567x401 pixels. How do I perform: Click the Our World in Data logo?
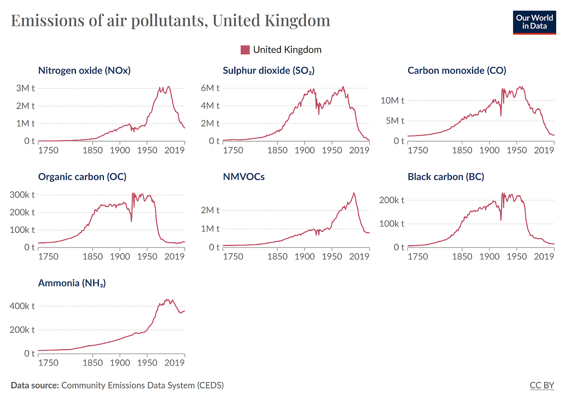(534, 23)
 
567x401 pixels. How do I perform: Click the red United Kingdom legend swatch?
(245, 50)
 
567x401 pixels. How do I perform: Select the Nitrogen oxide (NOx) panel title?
(84, 71)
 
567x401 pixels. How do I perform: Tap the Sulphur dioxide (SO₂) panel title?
(268, 71)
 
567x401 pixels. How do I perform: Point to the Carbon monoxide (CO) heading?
(457, 71)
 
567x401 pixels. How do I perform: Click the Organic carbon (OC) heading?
(82, 177)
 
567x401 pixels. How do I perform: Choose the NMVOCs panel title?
(244, 177)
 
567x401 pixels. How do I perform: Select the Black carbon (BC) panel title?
(446, 177)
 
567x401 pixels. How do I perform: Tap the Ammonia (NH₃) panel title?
(72, 283)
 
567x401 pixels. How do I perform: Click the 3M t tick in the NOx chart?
(25, 88)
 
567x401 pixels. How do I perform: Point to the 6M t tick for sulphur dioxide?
(210, 88)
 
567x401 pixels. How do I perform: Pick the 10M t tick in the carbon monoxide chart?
(392, 101)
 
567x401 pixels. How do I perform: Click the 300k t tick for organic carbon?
(22, 195)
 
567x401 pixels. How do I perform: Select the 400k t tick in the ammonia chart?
(22, 306)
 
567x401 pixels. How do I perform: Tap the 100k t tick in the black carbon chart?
(392, 224)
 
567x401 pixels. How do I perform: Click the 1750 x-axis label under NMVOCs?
(233, 257)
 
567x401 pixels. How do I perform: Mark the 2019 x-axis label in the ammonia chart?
(174, 363)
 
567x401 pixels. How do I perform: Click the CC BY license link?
(542, 385)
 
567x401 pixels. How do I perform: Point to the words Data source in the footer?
(35, 385)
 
